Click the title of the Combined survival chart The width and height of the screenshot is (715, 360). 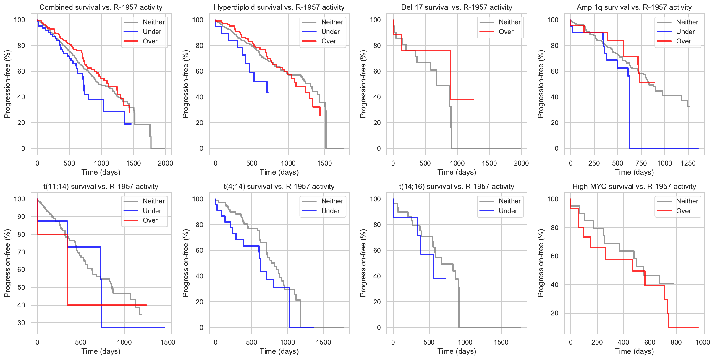[101, 7]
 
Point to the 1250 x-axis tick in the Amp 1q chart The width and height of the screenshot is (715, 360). [688, 163]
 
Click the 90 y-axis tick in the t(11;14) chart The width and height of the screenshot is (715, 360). [21, 217]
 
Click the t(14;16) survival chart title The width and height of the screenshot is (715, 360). [457, 187]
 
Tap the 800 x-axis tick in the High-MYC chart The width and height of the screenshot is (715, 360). [676, 342]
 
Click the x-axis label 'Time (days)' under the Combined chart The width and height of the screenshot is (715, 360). [101, 172]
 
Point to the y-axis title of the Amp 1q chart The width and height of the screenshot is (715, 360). [541, 84]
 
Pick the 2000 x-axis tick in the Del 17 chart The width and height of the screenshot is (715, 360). [521, 163]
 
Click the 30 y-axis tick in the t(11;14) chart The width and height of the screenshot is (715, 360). [21, 323]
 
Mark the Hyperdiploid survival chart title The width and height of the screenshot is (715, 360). [279, 7]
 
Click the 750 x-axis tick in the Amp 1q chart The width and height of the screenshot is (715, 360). [641, 163]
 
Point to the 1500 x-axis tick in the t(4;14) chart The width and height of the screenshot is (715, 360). [323, 342]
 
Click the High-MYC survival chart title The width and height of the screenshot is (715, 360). [634, 187]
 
